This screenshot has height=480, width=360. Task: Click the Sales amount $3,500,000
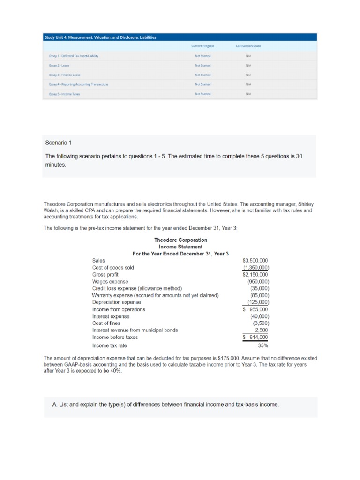point(255,260)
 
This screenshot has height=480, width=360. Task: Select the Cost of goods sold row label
point(113,267)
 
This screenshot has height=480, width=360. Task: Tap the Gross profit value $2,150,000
point(255,274)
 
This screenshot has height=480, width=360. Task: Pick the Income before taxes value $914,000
point(255,337)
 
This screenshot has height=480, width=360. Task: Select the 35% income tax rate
point(263,346)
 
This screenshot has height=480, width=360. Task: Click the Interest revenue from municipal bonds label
point(135,330)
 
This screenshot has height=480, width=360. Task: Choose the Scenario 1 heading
point(59,142)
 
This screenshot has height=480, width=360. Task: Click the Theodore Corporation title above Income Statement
point(180,240)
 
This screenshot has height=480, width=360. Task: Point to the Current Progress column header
point(202,46)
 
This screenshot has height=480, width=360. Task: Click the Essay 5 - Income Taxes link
point(65,94)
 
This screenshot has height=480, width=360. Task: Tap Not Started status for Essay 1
point(202,56)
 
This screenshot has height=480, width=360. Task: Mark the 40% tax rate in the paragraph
point(113,371)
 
